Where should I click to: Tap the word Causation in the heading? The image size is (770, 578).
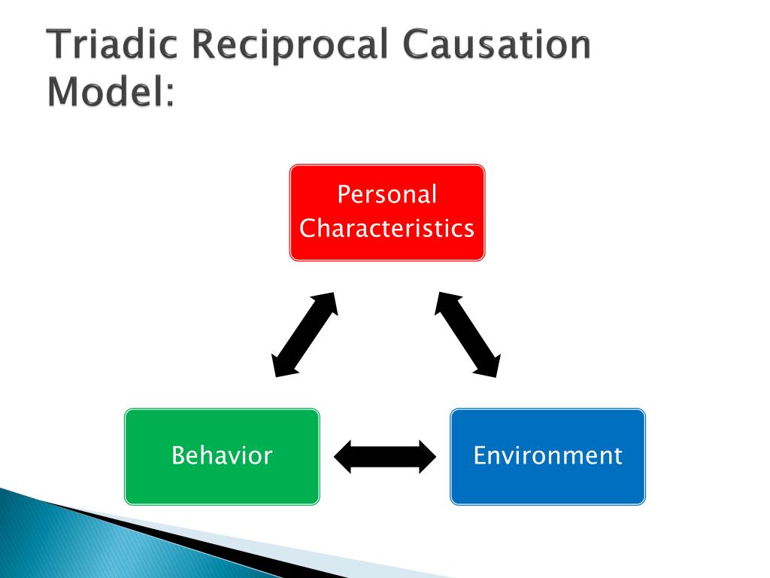point(496,44)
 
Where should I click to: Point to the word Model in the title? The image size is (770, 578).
point(105,91)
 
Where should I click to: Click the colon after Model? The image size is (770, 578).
point(170,96)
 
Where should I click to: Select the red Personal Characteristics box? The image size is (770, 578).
point(387,212)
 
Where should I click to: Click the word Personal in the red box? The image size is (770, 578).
point(387,194)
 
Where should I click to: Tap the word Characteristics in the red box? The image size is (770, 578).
point(387,228)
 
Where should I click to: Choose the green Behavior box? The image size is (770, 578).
point(222,457)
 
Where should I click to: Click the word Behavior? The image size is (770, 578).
point(222,455)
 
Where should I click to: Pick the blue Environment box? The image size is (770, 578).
point(547,457)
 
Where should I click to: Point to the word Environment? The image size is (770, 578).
point(547,455)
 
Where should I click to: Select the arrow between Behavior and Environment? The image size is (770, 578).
point(385,457)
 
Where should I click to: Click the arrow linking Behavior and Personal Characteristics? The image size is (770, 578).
point(305,335)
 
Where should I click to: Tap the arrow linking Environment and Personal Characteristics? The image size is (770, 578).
point(468,335)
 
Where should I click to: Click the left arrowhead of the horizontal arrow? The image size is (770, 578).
point(343,457)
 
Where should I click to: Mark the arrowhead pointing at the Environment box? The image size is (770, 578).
point(427,457)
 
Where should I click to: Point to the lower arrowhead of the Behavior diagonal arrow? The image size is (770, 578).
point(283,365)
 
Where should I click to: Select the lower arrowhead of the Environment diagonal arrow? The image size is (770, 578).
point(490,365)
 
